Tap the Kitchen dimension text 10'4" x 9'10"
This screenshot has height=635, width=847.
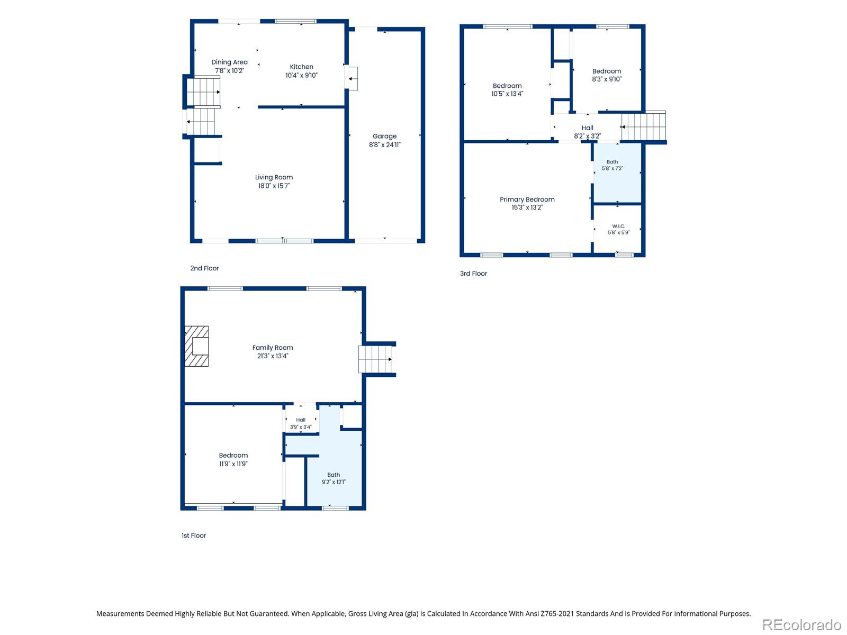click(x=301, y=75)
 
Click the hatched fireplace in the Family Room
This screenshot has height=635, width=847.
click(x=196, y=346)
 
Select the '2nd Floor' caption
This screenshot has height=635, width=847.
click(x=204, y=268)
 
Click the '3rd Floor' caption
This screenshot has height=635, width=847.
click(x=473, y=274)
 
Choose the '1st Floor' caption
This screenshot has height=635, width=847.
click(x=193, y=536)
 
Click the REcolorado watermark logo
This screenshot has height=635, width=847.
click(x=801, y=624)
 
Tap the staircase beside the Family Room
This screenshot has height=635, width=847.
click(x=375, y=359)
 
